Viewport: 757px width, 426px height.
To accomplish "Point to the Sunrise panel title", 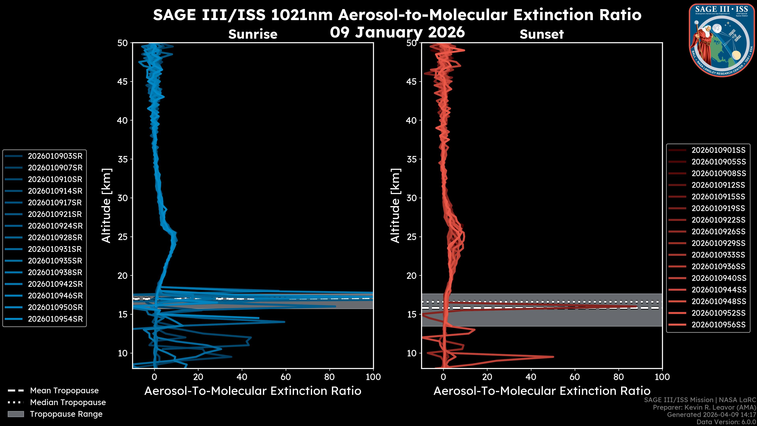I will (x=253, y=34).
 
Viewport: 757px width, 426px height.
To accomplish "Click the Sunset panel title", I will (x=541, y=34).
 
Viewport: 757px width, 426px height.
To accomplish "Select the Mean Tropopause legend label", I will (x=64, y=391).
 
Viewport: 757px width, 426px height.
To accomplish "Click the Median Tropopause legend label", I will (x=68, y=403).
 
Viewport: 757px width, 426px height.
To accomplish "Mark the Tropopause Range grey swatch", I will (x=16, y=414).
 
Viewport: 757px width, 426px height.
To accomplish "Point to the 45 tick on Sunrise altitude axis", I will (x=123, y=82).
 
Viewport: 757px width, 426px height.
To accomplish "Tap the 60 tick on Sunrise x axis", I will (x=286, y=377).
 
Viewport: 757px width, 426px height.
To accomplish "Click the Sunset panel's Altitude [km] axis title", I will (x=395, y=206).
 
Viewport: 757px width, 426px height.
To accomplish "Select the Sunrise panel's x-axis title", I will (x=253, y=391).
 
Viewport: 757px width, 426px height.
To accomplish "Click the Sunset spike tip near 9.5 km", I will (x=553, y=357).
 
